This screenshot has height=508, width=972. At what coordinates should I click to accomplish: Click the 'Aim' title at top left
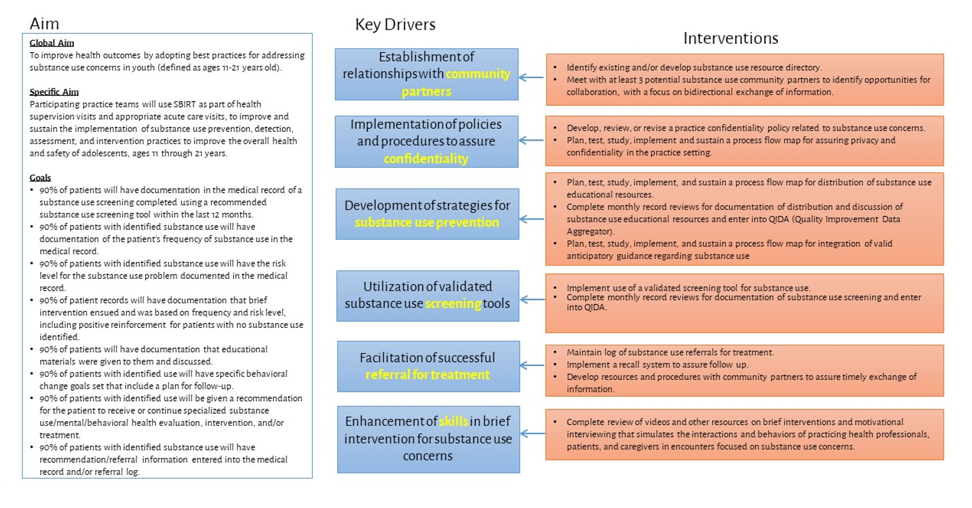point(44,24)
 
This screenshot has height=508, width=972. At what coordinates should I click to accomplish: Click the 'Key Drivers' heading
point(395,24)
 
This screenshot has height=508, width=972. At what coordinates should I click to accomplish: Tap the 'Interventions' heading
point(730,38)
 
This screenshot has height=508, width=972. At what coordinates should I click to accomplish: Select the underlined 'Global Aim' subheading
point(51,43)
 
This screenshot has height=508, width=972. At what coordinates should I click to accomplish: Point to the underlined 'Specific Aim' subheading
point(54,92)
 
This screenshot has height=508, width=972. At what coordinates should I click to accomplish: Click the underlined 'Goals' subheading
point(40,178)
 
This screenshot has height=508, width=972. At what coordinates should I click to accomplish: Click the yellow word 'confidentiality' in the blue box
point(426,159)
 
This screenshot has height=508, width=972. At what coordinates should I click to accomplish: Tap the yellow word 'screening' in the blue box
point(453,304)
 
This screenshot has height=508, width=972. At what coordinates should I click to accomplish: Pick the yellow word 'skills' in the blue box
point(453,421)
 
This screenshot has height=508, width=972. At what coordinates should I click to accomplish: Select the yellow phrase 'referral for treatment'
point(427,375)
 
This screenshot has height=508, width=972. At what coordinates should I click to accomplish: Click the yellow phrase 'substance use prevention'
point(426,222)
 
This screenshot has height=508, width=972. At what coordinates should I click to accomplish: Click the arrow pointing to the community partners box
point(531,78)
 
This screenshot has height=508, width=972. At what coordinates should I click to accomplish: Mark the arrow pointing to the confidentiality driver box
point(531,141)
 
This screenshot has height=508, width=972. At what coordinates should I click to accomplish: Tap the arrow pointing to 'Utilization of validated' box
point(532,300)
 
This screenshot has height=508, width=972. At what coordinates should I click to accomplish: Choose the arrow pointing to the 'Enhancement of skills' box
point(532,433)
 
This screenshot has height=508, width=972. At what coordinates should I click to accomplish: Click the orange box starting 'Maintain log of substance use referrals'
point(744,370)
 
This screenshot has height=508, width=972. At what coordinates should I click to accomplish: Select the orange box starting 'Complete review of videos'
point(744,435)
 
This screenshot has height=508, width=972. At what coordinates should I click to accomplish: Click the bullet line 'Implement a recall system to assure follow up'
point(657,365)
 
